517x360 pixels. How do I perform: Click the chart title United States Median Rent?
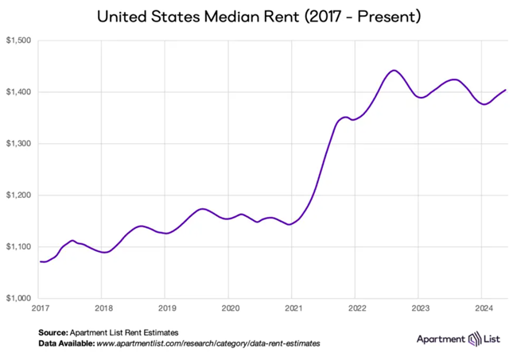[258, 16]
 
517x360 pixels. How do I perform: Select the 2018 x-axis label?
[103, 307]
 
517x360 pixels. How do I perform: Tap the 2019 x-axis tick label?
[165, 307]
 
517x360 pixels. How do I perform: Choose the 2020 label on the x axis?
[229, 307]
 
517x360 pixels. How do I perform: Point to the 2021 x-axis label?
[293, 307]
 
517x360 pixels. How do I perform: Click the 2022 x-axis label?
[356, 307]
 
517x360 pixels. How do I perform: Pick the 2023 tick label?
[419, 307]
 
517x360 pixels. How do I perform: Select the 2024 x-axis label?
[483, 307]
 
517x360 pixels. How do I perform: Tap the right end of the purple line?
[506, 90]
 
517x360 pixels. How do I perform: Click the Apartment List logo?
[459, 339]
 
